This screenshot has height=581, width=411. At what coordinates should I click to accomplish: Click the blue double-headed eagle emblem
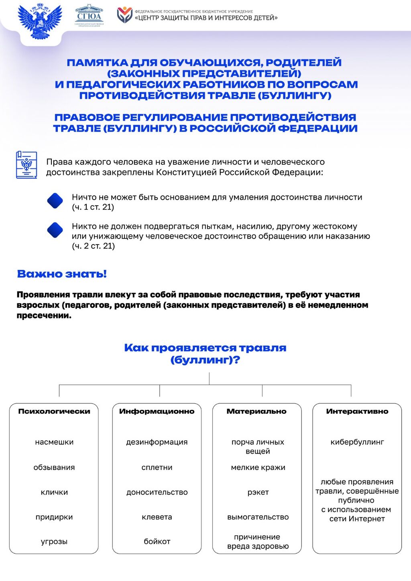(40, 21)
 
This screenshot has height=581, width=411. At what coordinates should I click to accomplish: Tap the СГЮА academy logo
(89, 16)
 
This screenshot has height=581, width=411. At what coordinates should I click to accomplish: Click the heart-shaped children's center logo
(124, 15)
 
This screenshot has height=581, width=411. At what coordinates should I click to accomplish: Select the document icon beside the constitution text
(26, 165)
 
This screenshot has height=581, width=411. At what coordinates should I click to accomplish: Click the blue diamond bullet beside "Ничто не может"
(55, 201)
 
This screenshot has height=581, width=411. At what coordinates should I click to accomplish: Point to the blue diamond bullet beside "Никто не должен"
(55, 230)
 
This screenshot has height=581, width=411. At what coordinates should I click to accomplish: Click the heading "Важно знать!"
(62, 274)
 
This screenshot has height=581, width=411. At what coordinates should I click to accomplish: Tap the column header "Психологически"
(54, 411)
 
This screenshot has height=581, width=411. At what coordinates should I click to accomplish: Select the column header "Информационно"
(157, 411)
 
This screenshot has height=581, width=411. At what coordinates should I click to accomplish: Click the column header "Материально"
(257, 411)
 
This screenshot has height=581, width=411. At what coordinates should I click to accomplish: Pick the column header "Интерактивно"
(357, 411)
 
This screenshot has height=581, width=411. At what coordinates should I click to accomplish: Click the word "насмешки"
(54, 442)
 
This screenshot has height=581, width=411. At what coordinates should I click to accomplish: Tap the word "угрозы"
(54, 541)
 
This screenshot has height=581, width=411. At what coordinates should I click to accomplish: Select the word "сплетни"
(157, 467)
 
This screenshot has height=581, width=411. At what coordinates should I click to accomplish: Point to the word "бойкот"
(157, 541)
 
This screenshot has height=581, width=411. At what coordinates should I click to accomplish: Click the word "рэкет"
(258, 492)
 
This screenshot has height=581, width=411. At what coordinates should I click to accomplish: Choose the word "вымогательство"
(258, 517)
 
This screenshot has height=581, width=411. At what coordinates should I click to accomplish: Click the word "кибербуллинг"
(357, 442)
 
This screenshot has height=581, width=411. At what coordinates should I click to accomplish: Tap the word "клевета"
(157, 517)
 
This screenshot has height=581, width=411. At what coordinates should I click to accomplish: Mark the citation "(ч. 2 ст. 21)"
(93, 246)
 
